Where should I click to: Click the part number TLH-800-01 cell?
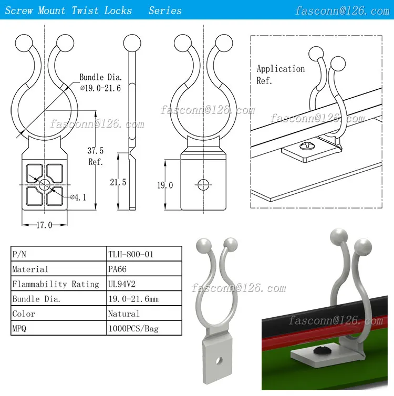[x=131, y=254]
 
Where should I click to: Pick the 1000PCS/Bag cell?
[x=133, y=329]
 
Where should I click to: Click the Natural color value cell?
[x=123, y=314]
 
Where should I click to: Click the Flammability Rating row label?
[x=55, y=284]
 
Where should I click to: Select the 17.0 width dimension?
[x=44, y=225]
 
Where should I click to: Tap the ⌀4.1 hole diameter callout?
[x=79, y=197]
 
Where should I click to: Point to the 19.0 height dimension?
[x=164, y=185]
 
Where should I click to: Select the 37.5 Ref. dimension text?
[x=95, y=155]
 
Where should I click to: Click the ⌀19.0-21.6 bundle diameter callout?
[x=100, y=88]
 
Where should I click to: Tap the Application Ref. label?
[x=280, y=75]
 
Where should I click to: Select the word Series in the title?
[x=165, y=11]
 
